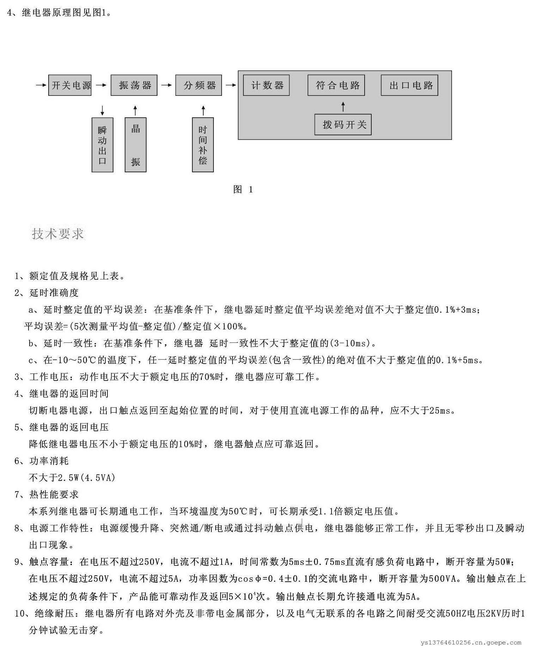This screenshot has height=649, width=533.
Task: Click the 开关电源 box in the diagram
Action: point(70,85)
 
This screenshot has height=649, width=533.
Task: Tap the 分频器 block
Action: point(199,85)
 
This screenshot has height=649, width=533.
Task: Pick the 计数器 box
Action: point(266,85)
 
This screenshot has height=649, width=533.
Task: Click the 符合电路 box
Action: point(336,85)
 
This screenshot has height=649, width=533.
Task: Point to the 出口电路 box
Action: point(409,85)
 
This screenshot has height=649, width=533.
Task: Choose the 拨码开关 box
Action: point(343,125)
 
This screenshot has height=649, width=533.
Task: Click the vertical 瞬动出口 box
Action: point(102,145)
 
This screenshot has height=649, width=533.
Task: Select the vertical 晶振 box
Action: point(136,145)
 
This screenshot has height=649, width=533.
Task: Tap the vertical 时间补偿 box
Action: point(203,145)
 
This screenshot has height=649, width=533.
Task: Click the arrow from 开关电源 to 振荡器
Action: point(101,85)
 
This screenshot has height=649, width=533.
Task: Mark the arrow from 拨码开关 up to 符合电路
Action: point(343,106)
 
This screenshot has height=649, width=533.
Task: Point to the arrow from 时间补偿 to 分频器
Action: point(203,110)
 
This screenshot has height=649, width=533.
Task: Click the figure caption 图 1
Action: point(243,190)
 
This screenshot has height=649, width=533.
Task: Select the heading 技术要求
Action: point(58,234)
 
